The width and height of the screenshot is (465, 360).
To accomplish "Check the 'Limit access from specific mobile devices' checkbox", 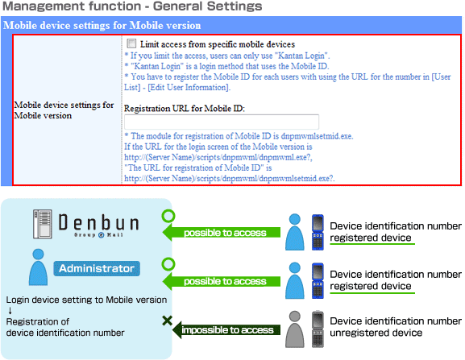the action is pyautogui.click(x=131, y=43).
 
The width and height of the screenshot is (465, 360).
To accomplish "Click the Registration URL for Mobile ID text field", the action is pyautogui.click(x=222, y=122).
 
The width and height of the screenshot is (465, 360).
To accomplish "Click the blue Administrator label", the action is pyautogui.click(x=97, y=268).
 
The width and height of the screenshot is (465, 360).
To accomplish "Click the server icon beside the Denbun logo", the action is pyautogui.click(x=43, y=224).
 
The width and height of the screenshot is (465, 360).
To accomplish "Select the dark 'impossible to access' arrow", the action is pyautogui.click(x=226, y=329).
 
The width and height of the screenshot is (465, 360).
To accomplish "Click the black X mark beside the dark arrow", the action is pyautogui.click(x=168, y=321).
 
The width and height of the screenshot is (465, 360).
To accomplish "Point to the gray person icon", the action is pyautogui.click(x=294, y=329).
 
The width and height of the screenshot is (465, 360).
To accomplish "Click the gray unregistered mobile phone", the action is pyautogui.click(x=318, y=329).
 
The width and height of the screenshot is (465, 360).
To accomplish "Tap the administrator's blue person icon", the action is pyautogui.click(x=38, y=267).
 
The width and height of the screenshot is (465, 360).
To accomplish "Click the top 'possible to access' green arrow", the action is pyautogui.click(x=222, y=233).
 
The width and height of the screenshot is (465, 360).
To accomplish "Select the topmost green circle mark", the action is pyautogui.click(x=168, y=216).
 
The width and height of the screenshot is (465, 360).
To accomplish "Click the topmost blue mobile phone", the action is pyautogui.click(x=318, y=232).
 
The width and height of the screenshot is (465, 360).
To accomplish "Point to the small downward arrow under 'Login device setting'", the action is pyautogui.click(x=10, y=311).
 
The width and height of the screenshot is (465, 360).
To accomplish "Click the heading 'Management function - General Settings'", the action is pyautogui.click(x=132, y=6).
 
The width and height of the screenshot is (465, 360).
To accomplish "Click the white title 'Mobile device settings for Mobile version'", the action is pyautogui.click(x=102, y=25).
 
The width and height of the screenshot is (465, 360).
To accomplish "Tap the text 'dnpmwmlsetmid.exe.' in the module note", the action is pyautogui.click(x=317, y=136).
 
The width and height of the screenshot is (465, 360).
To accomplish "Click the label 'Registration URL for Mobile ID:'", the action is pyautogui.click(x=185, y=109).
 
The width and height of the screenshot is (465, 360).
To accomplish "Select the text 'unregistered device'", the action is pyautogui.click(x=376, y=333).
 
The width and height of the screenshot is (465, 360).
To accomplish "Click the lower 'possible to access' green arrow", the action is pyautogui.click(x=222, y=281).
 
